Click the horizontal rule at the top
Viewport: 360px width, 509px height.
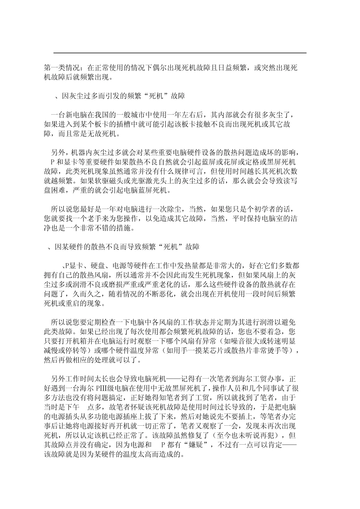tap(180, 53)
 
